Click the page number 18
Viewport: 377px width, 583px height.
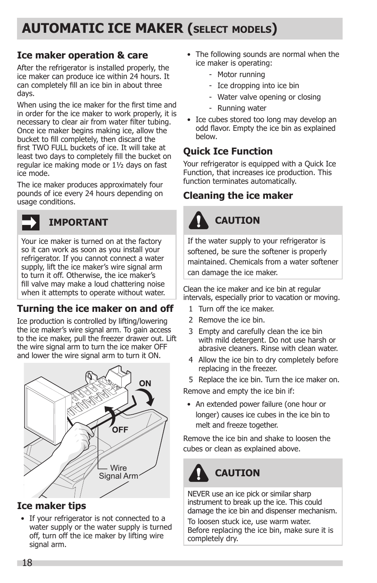[27, 563]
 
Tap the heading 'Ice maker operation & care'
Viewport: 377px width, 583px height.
[82, 55]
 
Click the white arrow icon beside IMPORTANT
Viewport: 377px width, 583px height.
[31, 223]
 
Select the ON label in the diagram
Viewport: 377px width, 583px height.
[145, 383]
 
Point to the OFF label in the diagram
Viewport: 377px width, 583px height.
[120, 430]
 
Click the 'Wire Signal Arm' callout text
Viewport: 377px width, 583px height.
[118, 472]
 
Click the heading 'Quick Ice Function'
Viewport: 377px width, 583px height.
[228, 151]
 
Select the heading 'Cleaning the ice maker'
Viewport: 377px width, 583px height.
[238, 196]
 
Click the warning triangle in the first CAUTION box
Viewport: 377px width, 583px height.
[198, 221]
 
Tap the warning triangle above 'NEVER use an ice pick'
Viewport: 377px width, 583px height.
[198, 473]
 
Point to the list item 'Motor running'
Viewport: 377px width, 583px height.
[241, 75]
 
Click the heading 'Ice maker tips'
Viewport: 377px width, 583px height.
[51, 506]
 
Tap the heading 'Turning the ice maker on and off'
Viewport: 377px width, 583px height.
[95, 309]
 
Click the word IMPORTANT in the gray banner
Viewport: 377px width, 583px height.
[78, 223]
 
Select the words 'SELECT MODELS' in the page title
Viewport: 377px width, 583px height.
[233, 30]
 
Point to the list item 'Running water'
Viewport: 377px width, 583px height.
[242, 108]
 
